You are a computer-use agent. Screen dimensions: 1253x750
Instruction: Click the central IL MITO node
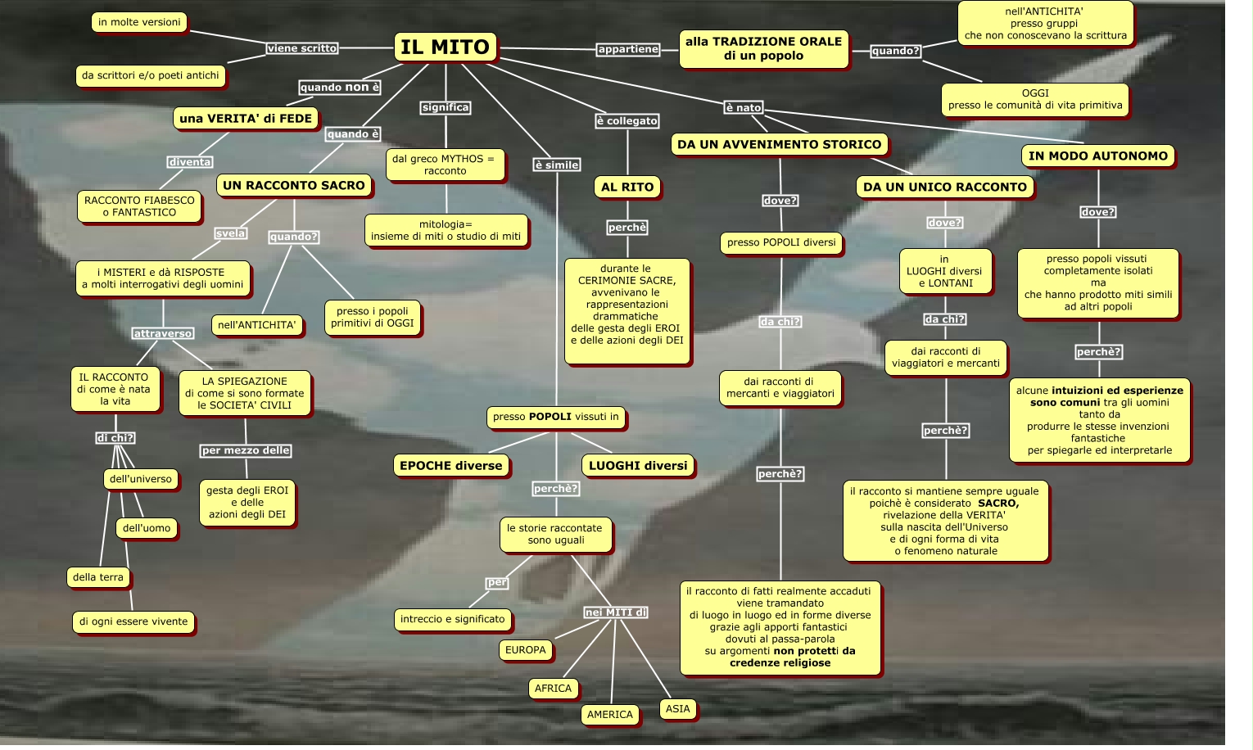446,47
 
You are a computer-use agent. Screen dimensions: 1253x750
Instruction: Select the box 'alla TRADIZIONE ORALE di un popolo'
763,49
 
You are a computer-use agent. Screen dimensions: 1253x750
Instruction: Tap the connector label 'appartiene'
628,49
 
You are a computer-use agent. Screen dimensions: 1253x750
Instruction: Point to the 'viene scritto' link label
301,48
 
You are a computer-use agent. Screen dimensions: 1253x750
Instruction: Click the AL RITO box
627,187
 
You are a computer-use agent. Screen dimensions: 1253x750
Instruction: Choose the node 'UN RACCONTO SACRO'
294,186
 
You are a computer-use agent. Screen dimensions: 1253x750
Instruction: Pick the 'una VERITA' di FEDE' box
246,119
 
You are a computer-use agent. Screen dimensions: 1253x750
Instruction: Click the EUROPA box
525,650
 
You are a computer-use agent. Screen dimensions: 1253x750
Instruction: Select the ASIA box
677,709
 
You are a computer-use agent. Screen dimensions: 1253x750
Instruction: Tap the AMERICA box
609,715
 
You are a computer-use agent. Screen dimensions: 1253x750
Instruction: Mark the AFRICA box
553,689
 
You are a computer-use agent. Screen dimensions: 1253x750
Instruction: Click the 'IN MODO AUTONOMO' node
1097,156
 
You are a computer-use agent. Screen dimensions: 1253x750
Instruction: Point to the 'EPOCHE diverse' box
450,466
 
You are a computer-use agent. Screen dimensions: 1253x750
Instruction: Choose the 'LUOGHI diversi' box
638,466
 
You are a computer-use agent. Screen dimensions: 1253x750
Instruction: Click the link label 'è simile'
557,165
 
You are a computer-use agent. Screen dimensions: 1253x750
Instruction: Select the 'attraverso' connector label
163,333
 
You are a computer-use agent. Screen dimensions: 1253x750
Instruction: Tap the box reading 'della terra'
98,577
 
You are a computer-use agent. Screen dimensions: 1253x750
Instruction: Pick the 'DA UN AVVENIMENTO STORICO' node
779,145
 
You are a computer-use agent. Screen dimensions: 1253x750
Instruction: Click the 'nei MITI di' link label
616,612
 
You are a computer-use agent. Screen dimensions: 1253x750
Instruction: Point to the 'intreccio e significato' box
453,619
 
